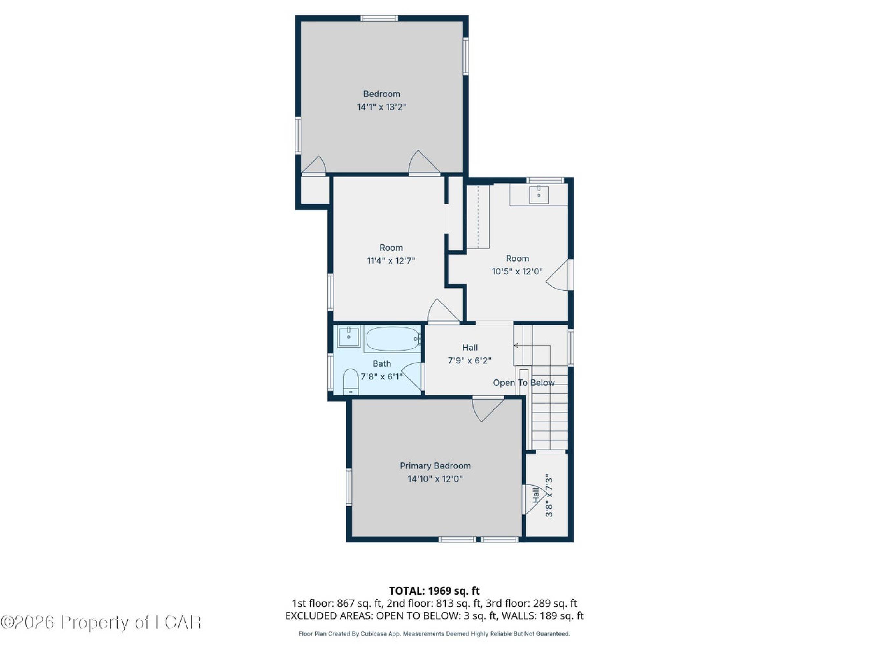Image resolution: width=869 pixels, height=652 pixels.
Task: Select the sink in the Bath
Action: click(349, 337)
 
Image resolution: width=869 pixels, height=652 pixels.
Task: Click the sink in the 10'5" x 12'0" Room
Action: click(538, 194)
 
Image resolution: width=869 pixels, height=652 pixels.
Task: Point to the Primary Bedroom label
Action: click(435, 466)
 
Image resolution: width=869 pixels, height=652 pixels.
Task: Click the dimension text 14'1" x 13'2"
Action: click(381, 107)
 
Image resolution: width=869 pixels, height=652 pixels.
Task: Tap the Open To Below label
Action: click(524, 383)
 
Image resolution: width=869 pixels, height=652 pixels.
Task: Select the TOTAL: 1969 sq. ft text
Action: click(434, 591)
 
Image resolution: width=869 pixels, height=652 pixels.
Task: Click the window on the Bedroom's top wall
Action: click(379, 18)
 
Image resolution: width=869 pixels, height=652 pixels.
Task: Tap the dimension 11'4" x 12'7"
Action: click(391, 260)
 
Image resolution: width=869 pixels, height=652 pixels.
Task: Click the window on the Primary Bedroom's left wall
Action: click(349, 486)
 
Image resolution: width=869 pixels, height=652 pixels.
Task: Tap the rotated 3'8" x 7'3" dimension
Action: click(549, 497)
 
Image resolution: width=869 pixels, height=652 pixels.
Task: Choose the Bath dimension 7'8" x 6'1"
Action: click(382, 377)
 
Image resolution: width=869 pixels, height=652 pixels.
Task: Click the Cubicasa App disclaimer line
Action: click(434, 634)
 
